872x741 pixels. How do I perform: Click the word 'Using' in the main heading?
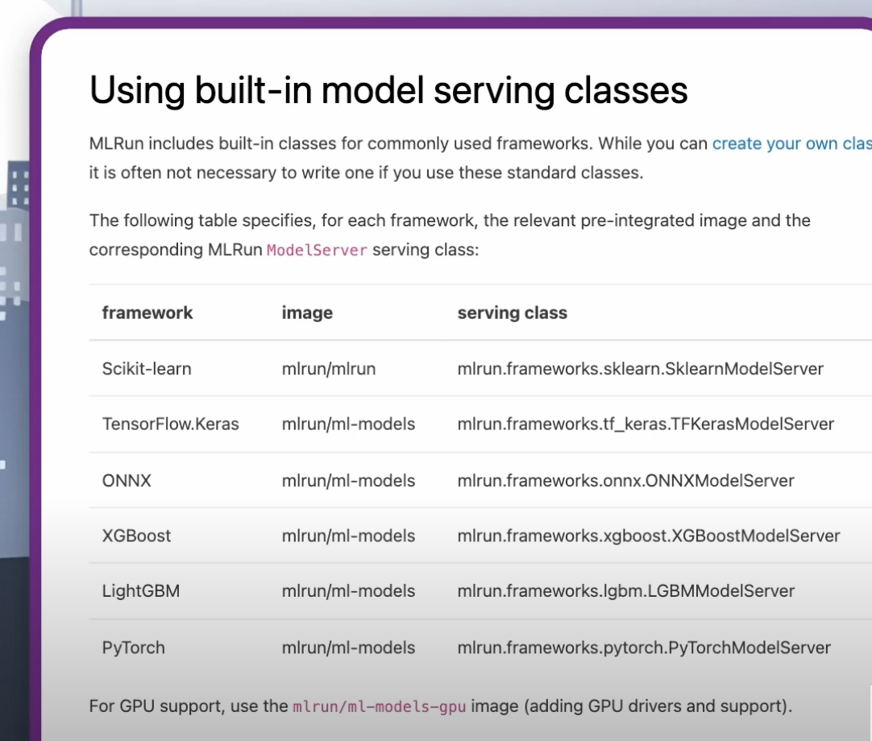click(x=137, y=91)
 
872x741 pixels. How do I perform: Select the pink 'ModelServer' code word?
click(x=317, y=250)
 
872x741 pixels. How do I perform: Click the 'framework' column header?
click(x=147, y=313)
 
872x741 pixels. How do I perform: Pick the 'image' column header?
click(x=307, y=313)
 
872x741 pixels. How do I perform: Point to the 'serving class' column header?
click(x=513, y=313)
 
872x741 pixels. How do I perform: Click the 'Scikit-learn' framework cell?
click(x=147, y=369)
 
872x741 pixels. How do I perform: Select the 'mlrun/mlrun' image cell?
click(x=329, y=369)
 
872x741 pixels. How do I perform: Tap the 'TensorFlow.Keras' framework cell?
click(x=170, y=424)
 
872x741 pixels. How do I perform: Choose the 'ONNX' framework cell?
click(x=127, y=480)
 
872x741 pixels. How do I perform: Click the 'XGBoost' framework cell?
click(x=136, y=536)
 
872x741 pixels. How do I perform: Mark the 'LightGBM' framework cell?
click(x=141, y=591)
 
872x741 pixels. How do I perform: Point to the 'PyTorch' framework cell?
click(x=134, y=648)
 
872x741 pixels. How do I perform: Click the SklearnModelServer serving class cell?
click(x=640, y=369)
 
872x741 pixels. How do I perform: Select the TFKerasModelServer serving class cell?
click(x=646, y=424)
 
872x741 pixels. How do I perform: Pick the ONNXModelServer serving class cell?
click(x=625, y=480)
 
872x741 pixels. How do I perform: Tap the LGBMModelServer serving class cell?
click(x=625, y=591)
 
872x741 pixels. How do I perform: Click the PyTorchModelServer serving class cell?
click(x=644, y=648)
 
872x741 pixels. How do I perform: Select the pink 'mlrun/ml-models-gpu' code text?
click(x=380, y=706)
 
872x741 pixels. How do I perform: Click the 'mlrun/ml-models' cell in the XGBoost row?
click(x=348, y=536)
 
